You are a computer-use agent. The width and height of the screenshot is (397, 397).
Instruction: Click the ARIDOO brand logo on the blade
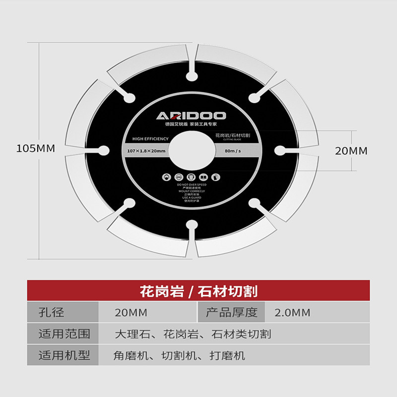coord(192,116)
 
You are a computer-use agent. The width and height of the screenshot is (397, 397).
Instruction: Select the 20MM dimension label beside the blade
coord(351,151)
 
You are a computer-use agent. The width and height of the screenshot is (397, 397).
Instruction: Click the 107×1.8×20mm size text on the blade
coord(146,150)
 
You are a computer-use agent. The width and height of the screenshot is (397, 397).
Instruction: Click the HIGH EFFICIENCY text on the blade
coord(148,139)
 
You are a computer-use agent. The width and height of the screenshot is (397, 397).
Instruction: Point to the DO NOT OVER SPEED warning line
coord(192,184)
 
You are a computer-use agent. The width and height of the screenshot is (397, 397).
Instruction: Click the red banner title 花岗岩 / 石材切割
coord(198,291)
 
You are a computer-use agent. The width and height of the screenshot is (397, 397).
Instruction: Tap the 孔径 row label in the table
coord(52,313)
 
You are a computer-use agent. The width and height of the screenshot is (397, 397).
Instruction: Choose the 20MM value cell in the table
coord(131,313)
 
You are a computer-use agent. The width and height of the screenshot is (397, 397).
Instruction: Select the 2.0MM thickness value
coord(292,313)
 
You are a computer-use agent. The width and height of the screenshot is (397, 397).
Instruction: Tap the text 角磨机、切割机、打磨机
coord(179,355)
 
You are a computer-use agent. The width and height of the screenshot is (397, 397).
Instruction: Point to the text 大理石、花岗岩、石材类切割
coord(193,334)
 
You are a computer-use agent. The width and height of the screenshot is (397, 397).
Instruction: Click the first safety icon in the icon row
coord(166,176)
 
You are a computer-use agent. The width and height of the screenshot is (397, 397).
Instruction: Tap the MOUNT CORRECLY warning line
coord(192,191)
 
